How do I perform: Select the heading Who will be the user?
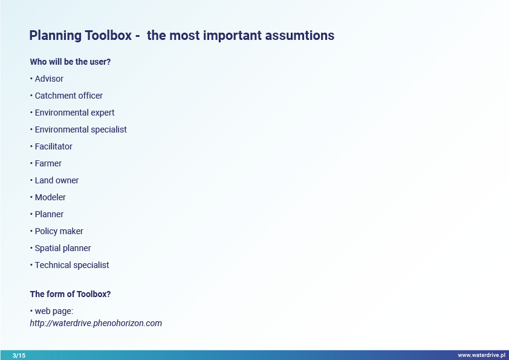tap(70, 62)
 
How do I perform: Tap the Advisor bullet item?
tap(49, 79)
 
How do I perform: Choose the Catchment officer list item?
tap(69, 96)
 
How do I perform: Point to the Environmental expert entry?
tap(75, 113)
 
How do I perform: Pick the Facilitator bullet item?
tap(54, 146)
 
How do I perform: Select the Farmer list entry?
tap(48, 163)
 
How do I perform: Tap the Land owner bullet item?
tap(57, 180)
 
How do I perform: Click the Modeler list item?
tap(50, 197)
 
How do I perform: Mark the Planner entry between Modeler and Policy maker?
tap(50, 214)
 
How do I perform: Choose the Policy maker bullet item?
tap(59, 231)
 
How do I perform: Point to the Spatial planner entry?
tap(63, 248)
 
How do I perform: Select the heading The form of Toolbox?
tap(70, 294)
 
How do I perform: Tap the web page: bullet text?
tap(54, 311)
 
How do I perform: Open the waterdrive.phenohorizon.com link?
tap(96, 323)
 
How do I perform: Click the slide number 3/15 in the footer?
tap(19, 355)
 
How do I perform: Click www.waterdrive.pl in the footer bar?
tap(481, 355)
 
